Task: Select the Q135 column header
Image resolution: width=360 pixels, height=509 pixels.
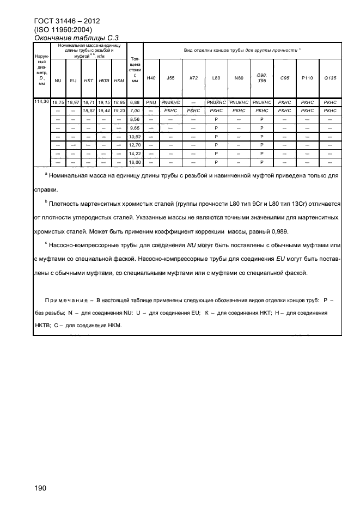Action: pos(330,78)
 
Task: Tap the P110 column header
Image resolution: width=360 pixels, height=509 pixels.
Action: pos(307,78)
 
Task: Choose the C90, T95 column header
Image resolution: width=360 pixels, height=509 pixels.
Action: pos(261,78)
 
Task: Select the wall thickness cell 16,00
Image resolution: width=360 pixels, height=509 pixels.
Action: pos(135,162)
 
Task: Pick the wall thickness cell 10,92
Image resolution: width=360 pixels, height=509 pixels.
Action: pos(135,136)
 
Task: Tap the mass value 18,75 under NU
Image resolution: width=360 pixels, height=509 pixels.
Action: pos(58,102)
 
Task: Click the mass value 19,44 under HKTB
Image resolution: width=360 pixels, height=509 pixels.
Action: pos(104,110)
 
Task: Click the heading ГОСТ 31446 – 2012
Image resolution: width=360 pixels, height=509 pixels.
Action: pos(66,21)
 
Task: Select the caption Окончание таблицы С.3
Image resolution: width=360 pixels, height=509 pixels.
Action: pos(76,38)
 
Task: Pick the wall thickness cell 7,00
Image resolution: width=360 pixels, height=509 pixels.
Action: pos(135,110)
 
